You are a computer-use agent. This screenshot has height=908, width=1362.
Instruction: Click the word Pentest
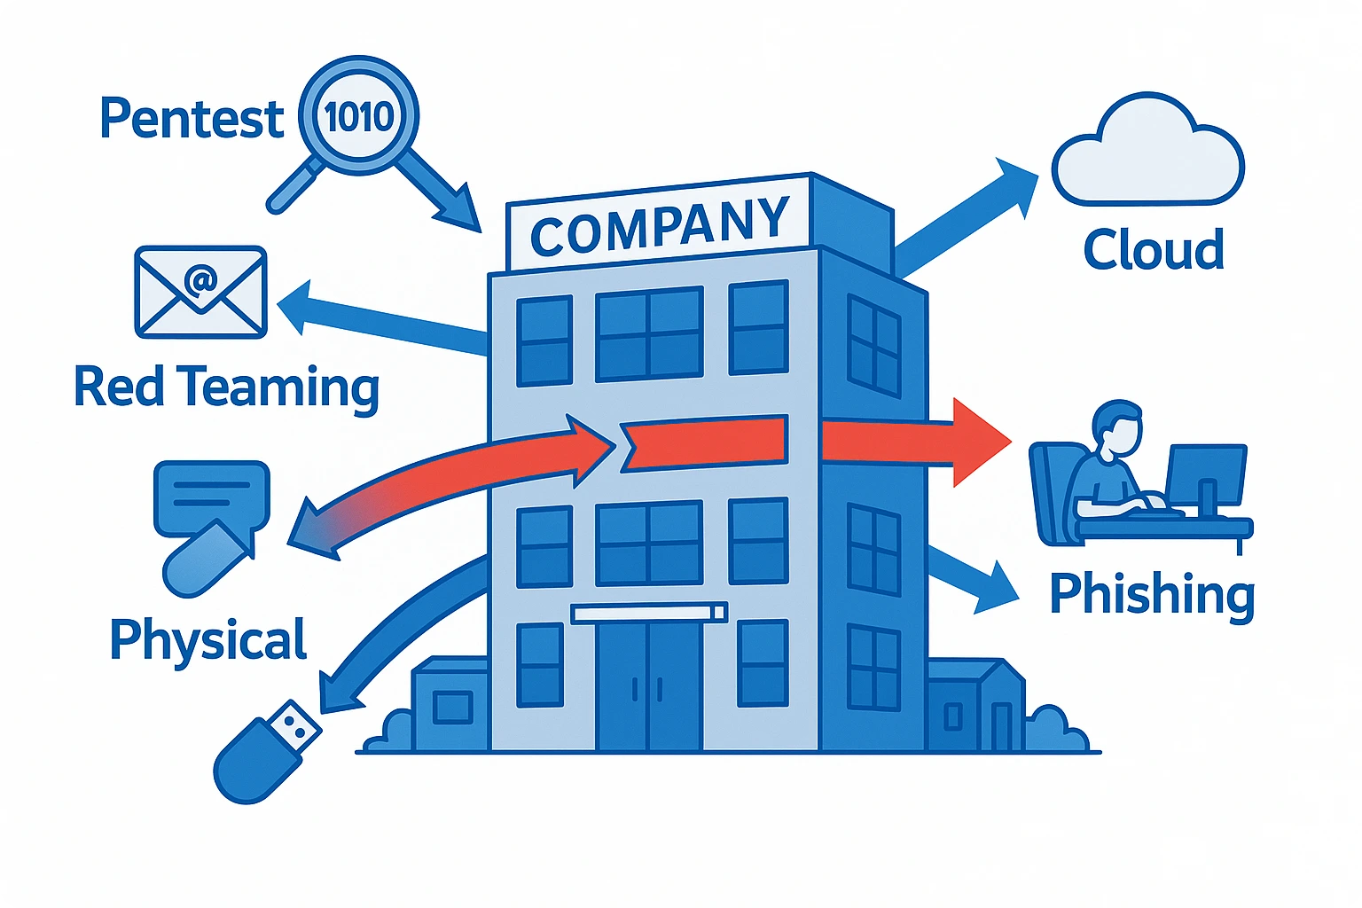[191, 118]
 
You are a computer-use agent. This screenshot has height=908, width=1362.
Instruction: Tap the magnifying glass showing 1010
[358, 116]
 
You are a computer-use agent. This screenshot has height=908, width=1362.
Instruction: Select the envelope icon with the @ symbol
[200, 292]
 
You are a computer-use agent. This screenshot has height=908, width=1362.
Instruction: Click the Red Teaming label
[226, 387]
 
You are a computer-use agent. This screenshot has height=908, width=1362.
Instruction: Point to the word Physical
[208, 638]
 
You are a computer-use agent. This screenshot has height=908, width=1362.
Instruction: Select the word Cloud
[1154, 249]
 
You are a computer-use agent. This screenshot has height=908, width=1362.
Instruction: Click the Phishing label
[1152, 593]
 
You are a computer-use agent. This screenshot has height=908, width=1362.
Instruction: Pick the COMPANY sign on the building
[659, 224]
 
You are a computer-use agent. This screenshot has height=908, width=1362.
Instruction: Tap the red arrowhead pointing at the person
[979, 442]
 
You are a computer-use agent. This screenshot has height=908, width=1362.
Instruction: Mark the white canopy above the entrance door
[649, 613]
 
